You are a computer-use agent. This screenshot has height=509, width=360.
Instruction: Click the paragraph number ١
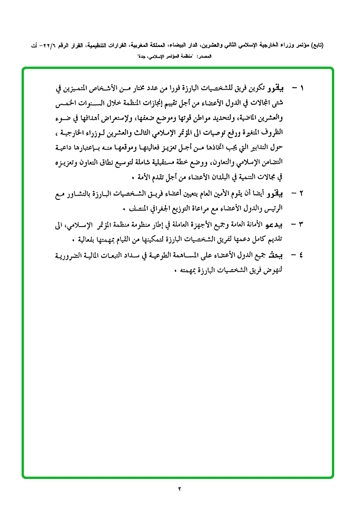[x=302, y=88]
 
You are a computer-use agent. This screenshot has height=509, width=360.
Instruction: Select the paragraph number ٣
[x=302, y=225]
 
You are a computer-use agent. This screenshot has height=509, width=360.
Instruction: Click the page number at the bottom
[x=180, y=489]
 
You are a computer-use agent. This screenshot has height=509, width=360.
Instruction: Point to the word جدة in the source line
[x=140, y=57]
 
